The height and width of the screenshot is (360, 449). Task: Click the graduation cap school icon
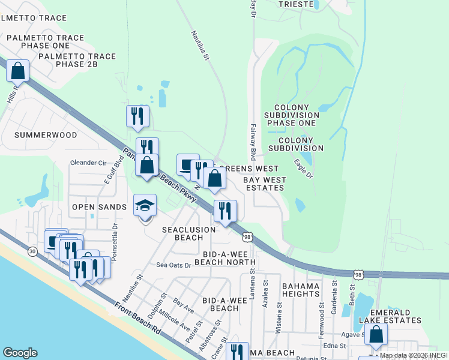click(144, 206)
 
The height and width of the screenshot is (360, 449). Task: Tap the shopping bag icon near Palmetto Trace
click(18, 71)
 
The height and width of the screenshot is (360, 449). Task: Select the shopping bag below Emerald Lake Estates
click(376, 336)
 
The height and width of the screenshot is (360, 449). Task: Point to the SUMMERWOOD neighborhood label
click(46, 135)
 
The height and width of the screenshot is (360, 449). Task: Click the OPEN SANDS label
click(100, 207)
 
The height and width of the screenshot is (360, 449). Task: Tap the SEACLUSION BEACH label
click(189, 233)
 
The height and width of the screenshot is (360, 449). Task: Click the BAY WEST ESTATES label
click(264, 184)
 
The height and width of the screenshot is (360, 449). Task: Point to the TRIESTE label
click(297, 4)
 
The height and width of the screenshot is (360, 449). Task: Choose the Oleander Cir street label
click(88, 163)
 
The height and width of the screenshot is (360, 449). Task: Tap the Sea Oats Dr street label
click(173, 265)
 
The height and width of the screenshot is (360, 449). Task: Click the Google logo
click(20, 353)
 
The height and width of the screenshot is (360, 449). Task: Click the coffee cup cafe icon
click(187, 165)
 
